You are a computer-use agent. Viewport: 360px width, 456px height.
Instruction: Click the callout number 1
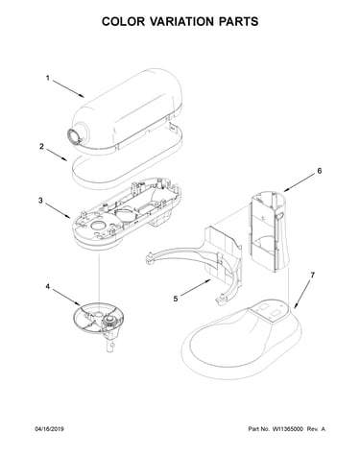point(48,78)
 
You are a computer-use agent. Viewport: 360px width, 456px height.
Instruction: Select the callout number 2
point(41,146)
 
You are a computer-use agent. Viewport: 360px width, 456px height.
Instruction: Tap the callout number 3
point(40,201)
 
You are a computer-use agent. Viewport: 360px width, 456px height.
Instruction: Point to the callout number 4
point(47,286)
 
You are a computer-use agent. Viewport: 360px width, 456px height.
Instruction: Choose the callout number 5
point(176,299)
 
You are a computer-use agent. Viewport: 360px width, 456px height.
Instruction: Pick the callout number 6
point(320,171)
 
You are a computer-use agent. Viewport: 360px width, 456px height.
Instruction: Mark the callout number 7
point(313,275)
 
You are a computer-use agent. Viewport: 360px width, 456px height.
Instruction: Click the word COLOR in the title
point(123,21)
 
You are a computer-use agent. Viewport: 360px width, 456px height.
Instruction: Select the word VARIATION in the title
point(182,21)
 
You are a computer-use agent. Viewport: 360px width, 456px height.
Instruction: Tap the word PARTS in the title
point(239,21)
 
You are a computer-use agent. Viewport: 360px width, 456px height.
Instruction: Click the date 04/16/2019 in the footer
point(49,429)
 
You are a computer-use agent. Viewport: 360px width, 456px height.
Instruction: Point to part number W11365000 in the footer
point(288,429)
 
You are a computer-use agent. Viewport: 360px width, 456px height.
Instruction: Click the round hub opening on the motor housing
point(74,137)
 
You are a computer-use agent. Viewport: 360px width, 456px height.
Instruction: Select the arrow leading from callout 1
point(68,88)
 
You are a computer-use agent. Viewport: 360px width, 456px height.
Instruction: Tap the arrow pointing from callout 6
point(300,183)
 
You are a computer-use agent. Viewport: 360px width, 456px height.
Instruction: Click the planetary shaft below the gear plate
point(110,343)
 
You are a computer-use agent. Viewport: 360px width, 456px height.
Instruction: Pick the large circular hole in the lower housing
point(98,226)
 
